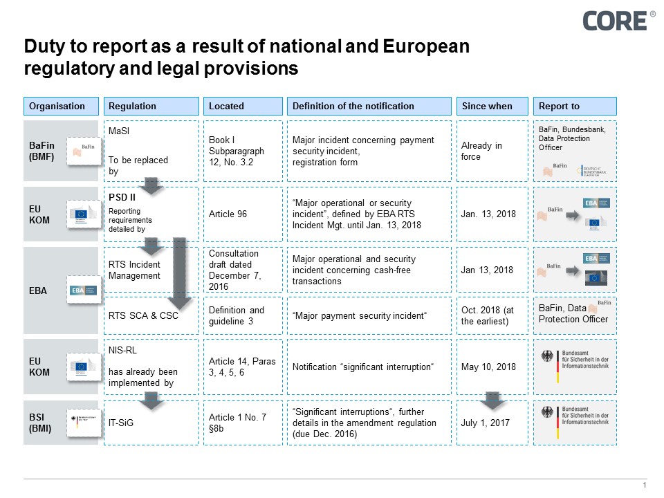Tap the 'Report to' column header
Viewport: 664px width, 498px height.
click(575, 106)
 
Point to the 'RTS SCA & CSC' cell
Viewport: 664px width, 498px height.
click(143, 316)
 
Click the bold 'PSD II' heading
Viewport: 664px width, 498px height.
click(122, 198)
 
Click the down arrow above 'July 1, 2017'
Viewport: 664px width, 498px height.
click(493, 400)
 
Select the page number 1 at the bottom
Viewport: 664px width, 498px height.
click(645, 486)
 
